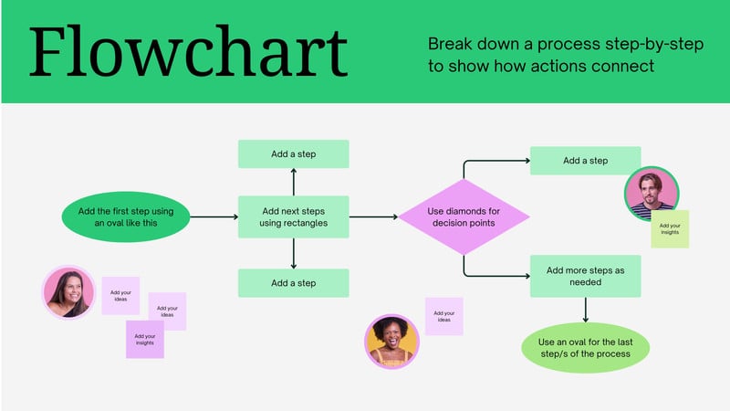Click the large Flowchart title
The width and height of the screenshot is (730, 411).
click(187, 53)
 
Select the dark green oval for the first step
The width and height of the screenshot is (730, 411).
click(124, 217)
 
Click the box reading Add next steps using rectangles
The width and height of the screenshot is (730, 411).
click(293, 217)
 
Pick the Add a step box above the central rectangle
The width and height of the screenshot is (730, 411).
click(293, 154)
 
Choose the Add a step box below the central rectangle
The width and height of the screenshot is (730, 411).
click(293, 283)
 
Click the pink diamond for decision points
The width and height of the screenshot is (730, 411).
click(464, 217)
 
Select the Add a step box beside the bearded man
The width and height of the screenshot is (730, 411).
click(585, 161)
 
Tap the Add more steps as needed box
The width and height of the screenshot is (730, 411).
click(585, 276)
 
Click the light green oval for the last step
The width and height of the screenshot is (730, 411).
click(586, 347)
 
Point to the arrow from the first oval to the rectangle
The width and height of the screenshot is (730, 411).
click(213, 217)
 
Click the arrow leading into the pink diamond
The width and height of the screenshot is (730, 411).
click(374, 217)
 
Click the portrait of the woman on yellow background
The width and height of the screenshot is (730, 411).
click(392, 341)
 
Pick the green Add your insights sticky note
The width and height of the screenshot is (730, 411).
click(670, 229)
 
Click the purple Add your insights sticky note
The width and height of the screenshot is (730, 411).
click(144, 339)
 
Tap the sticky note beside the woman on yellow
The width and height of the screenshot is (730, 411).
click(443, 316)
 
